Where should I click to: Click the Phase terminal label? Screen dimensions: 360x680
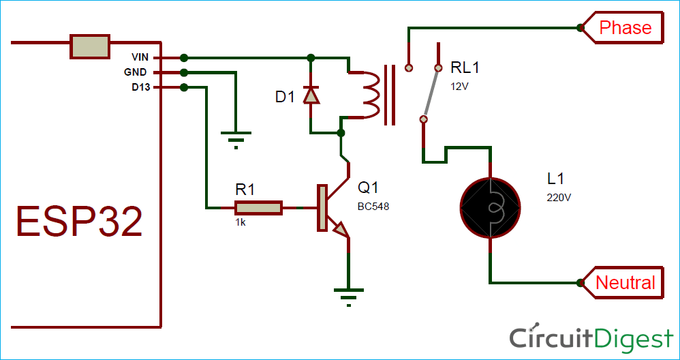625,28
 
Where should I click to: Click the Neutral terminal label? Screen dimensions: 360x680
625,282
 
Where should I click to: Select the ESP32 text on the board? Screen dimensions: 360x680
79,222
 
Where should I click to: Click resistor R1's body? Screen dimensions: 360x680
258,207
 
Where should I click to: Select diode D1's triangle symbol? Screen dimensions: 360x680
311,95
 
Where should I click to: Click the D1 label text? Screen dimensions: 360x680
285,97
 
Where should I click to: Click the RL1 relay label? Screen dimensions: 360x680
465,67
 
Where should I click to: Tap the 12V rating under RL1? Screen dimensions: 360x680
459,87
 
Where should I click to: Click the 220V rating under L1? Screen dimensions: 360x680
558,198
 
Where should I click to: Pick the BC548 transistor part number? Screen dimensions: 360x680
373,206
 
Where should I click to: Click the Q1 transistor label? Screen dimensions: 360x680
369,187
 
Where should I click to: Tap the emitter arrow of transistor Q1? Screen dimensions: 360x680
340,231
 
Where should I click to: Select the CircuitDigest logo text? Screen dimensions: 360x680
591,337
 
